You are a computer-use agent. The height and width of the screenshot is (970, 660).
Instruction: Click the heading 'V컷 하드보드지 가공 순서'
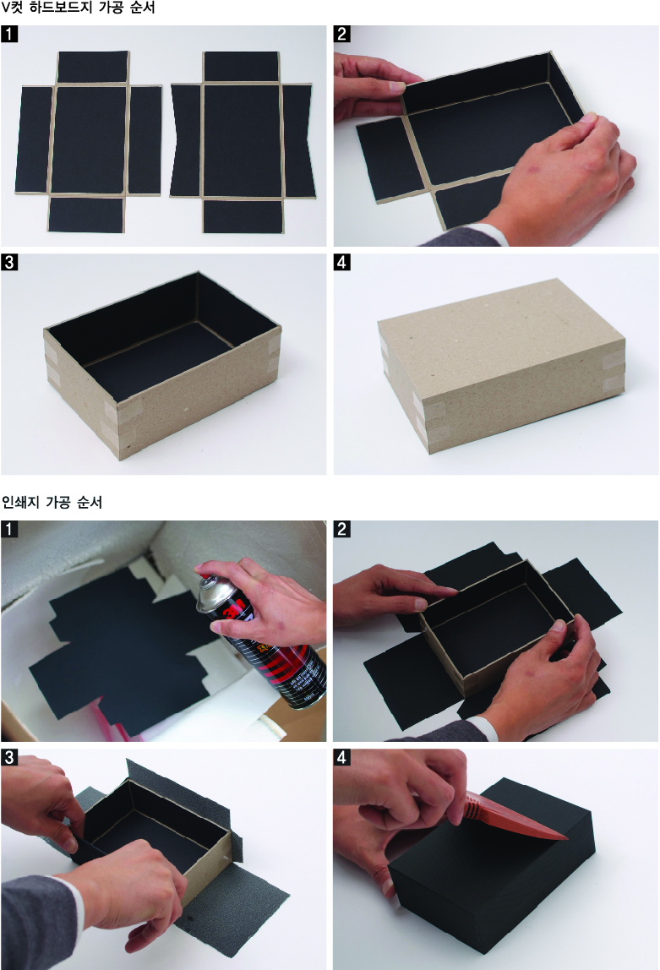pos(78,8)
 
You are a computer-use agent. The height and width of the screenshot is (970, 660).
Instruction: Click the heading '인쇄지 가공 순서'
pos(52,502)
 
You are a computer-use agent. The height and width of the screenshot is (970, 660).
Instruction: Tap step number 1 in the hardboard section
pos(9,34)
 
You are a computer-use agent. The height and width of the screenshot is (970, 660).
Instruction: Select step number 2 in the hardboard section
pos(342,34)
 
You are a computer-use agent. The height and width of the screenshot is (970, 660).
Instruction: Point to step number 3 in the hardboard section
pos(9,262)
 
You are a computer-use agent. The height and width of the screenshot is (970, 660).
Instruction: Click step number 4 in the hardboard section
pos(342,262)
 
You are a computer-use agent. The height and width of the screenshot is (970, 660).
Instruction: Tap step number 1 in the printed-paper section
pos(9,529)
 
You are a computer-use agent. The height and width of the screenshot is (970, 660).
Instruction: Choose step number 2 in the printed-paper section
pos(342,529)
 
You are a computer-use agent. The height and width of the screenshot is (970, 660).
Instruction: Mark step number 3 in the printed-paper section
pos(9,757)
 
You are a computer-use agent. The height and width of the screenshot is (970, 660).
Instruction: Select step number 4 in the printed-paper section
pos(342,757)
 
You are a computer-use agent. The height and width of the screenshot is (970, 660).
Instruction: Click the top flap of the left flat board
pos(93,67)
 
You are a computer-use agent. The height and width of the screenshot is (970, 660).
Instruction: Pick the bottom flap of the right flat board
pos(243,216)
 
